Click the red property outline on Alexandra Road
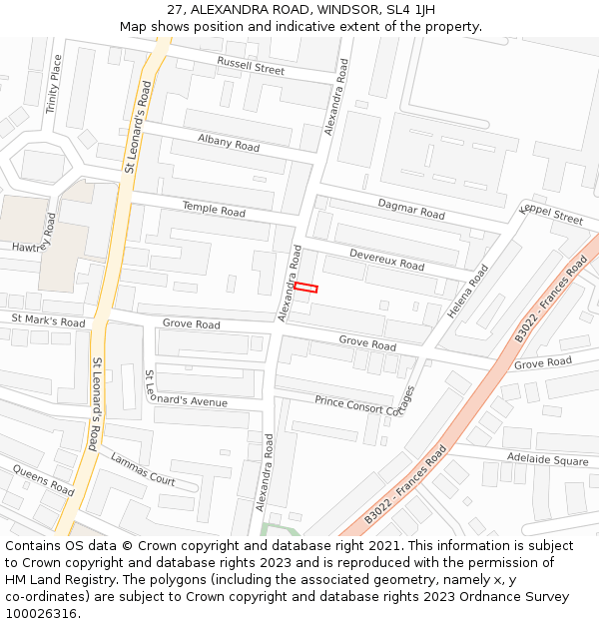(305, 288)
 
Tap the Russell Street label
(251, 69)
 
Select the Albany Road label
(229, 144)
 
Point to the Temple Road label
(214, 210)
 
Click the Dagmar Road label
(411, 209)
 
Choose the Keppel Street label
(551, 213)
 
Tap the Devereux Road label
(386, 261)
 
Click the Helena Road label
(468, 292)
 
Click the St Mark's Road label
(48, 320)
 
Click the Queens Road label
(43, 480)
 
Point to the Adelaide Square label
(547, 460)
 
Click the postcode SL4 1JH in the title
(408, 10)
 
